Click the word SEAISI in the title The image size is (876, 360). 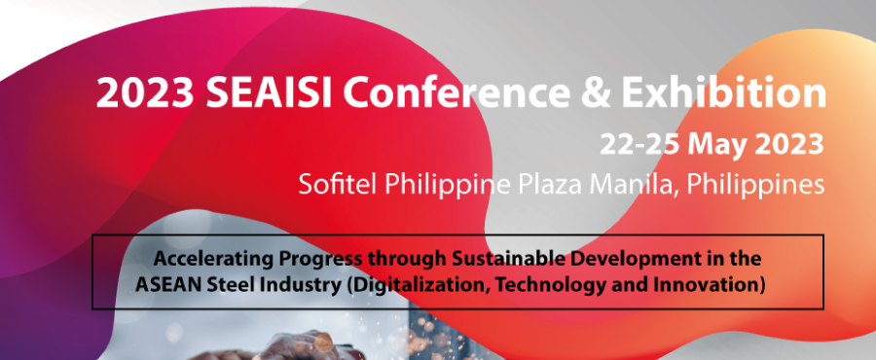coord(254,93)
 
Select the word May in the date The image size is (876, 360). coord(718,145)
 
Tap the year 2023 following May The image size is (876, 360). coord(789,145)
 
